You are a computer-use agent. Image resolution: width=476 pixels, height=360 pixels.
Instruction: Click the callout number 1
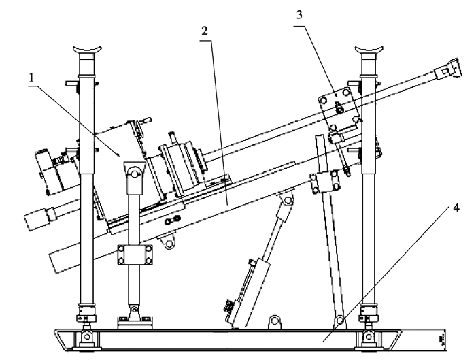[31, 78]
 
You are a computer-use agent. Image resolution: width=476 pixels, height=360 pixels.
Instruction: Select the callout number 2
[205, 31]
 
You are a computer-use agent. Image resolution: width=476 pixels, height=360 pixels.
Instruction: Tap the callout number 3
[299, 15]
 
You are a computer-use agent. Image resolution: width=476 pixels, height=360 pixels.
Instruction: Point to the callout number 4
[456, 208]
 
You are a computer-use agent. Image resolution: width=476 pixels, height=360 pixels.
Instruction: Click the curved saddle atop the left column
[87, 49]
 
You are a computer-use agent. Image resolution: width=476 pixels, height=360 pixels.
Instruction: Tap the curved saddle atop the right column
[369, 49]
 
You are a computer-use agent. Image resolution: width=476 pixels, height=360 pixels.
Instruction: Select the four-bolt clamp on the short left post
[135, 255]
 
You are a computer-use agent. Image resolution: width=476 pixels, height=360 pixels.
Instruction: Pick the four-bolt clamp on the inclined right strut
[324, 182]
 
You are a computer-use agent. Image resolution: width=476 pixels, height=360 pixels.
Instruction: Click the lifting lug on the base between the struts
[275, 322]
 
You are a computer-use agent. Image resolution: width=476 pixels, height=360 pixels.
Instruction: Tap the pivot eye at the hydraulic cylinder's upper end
[287, 200]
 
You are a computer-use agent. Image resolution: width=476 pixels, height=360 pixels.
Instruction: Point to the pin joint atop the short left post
[134, 173]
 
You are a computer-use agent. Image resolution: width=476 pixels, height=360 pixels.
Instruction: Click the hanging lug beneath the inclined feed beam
[169, 242]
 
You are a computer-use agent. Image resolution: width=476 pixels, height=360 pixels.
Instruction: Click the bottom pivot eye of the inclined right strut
[340, 321]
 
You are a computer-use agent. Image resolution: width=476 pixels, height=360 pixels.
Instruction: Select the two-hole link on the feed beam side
[172, 220]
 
